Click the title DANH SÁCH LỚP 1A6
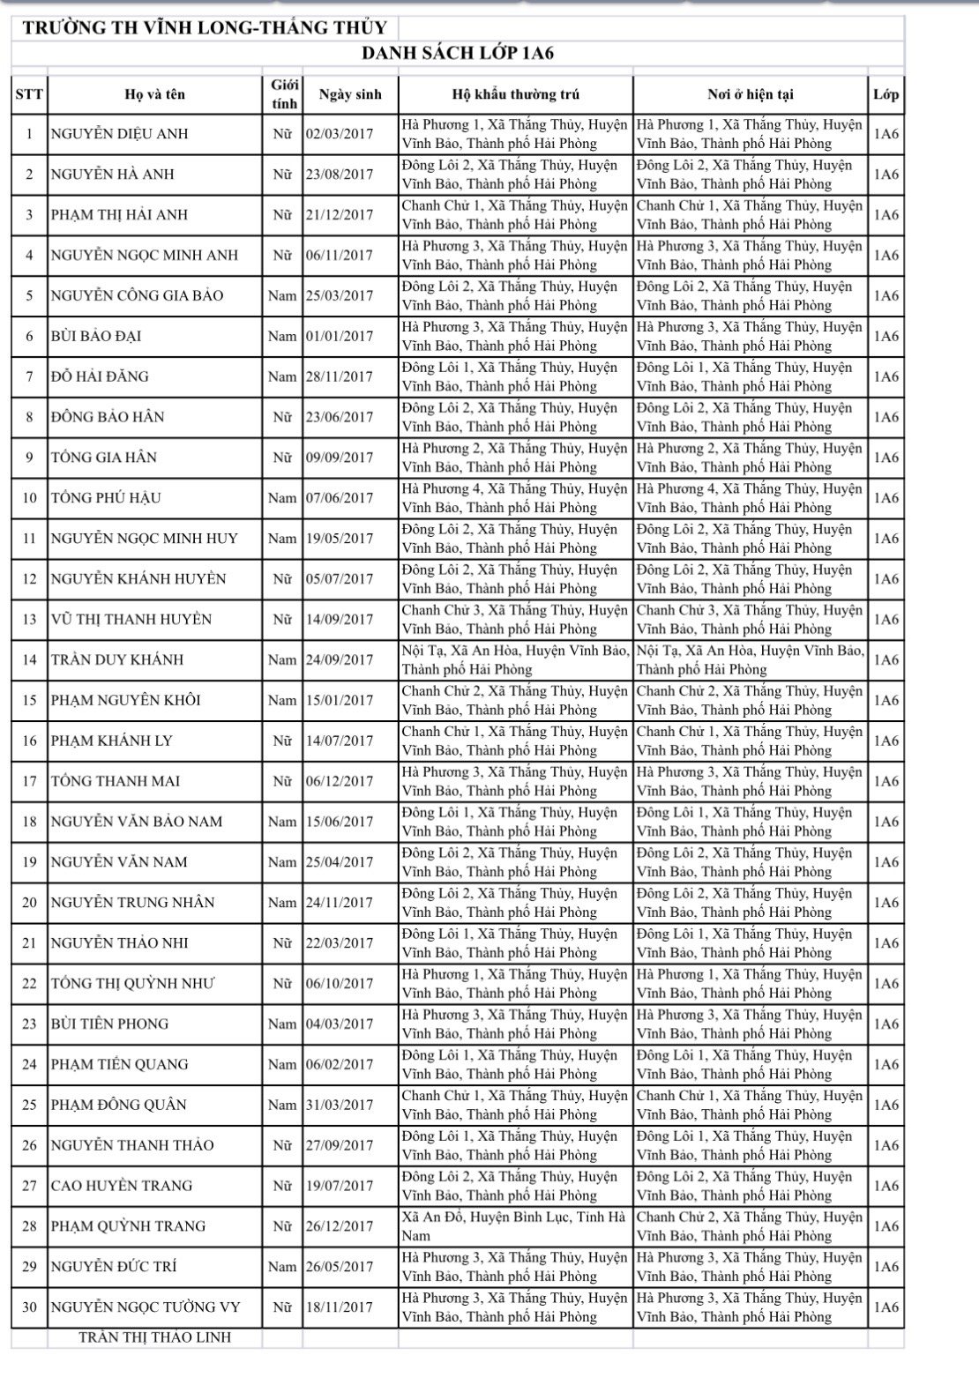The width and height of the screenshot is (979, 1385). (x=458, y=54)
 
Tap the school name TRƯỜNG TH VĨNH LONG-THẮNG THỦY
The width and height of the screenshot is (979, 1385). (x=205, y=27)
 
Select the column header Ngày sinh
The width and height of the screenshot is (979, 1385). (x=349, y=94)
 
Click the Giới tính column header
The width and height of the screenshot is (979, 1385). (x=283, y=94)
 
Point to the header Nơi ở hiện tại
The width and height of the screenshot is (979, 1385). (x=750, y=94)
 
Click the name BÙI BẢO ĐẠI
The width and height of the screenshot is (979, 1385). (x=96, y=336)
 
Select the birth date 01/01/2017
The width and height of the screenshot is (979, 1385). (x=340, y=336)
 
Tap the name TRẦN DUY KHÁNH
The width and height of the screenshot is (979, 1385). (x=117, y=659)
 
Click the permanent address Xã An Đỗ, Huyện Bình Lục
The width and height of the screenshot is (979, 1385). (x=513, y=1225)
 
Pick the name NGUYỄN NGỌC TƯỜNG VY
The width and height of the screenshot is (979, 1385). (x=146, y=1307)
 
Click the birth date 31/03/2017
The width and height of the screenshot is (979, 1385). (x=340, y=1105)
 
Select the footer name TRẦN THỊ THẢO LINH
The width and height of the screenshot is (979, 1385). (x=154, y=1337)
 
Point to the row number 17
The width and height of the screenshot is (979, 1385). (x=29, y=781)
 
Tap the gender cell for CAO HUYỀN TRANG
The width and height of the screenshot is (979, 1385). (x=282, y=1186)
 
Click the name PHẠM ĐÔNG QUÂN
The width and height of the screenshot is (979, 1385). (x=118, y=1105)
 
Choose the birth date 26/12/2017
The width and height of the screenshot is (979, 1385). (x=340, y=1226)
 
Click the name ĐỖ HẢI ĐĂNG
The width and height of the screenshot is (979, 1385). (x=100, y=376)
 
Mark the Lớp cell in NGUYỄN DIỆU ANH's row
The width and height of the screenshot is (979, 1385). (x=886, y=134)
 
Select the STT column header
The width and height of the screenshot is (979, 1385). (x=29, y=94)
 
